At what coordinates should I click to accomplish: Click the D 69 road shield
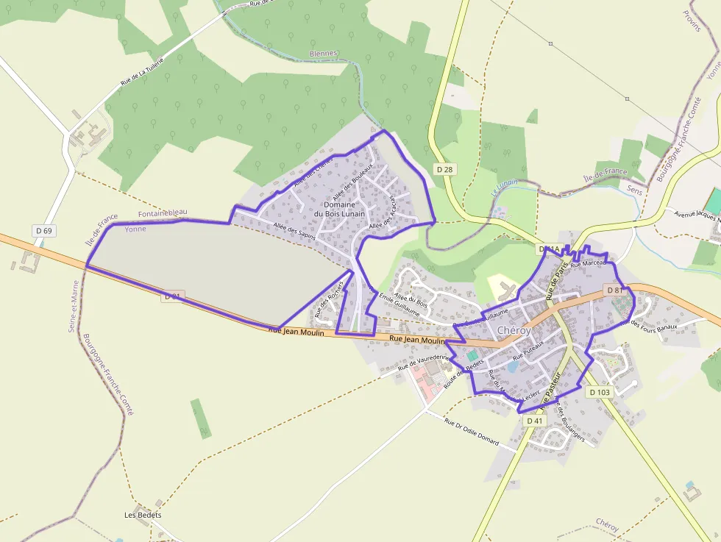click(x=43, y=231)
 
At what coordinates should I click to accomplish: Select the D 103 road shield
click(x=600, y=392)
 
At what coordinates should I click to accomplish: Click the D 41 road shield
click(x=535, y=421)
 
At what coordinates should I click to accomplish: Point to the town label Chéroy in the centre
click(x=514, y=331)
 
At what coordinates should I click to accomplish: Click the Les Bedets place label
click(x=143, y=515)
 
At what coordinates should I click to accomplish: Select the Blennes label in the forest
click(x=324, y=54)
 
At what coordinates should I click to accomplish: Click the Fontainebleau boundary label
click(x=163, y=213)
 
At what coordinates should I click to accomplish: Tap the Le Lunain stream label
click(x=502, y=188)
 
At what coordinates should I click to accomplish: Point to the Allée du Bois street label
click(x=411, y=299)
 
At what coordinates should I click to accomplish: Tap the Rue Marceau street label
click(x=587, y=263)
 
